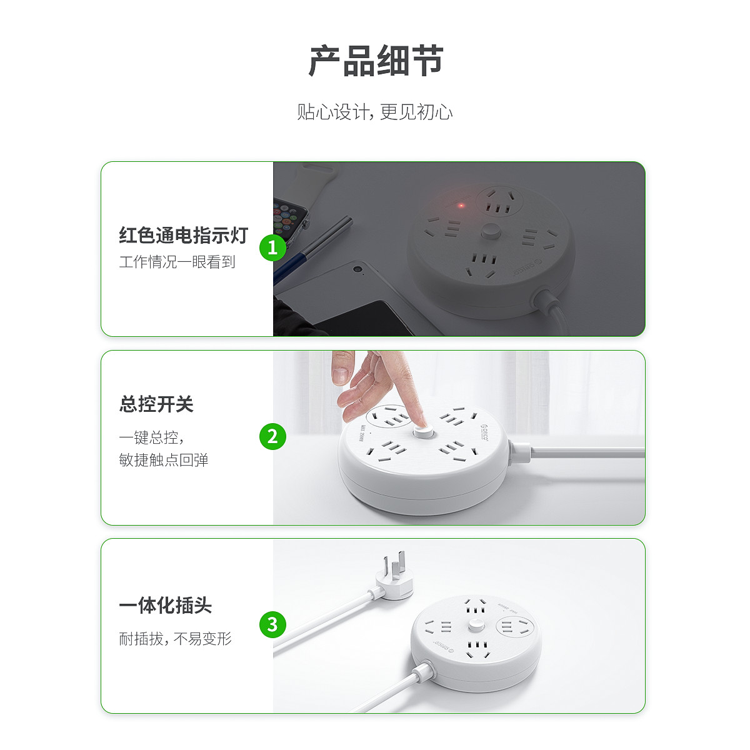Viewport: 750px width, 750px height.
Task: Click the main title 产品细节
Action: click(376, 61)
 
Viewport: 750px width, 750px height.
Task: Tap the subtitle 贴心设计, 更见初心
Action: click(375, 112)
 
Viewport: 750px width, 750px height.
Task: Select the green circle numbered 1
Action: click(272, 247)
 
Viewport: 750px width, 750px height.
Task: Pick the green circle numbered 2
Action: click(272, 436)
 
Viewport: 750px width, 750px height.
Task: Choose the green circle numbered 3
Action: click(272, 624)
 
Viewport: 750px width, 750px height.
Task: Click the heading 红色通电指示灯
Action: click(183, 235)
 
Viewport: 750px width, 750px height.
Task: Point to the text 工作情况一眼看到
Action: click(177, 262)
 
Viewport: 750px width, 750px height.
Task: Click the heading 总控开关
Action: click(156, 404)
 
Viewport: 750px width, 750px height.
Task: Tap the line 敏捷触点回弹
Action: click(164, 459)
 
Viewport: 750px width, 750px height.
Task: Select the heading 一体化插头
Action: click(165, 605)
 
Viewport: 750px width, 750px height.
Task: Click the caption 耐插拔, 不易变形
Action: click(175, 639)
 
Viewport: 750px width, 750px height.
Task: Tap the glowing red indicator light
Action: click(461, 205)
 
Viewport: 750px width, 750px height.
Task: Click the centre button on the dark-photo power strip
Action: click(489, 232)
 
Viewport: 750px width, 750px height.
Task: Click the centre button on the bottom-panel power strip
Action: click(476, 626)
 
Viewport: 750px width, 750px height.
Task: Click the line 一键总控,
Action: click(152, 437)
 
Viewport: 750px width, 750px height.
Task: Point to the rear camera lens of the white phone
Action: click(356, 269)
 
